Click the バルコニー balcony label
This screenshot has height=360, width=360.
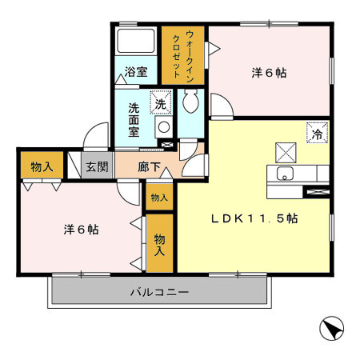[x=160, y=293]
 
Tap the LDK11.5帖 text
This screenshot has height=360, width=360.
[x=254, y=218]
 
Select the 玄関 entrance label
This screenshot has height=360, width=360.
[x=98, y=166]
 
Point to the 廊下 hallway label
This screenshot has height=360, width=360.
[x=149, y=166]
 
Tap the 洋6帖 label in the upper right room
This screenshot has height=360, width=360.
[x=269, y=73]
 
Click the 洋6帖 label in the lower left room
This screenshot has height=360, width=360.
[x=81, y=229]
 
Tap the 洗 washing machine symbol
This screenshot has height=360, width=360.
[x=160, y=104]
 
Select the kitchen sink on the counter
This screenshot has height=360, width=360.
[x=286, y=174]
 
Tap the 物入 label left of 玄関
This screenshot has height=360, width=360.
[x=42, y=166]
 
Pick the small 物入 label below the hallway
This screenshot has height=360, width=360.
[x=158, y=198]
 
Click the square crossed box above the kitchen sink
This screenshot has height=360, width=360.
[x=286, y=152]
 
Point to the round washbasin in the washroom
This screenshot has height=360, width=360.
[x=162, y=127]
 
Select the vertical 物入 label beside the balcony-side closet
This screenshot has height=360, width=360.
[x=159, y=244]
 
